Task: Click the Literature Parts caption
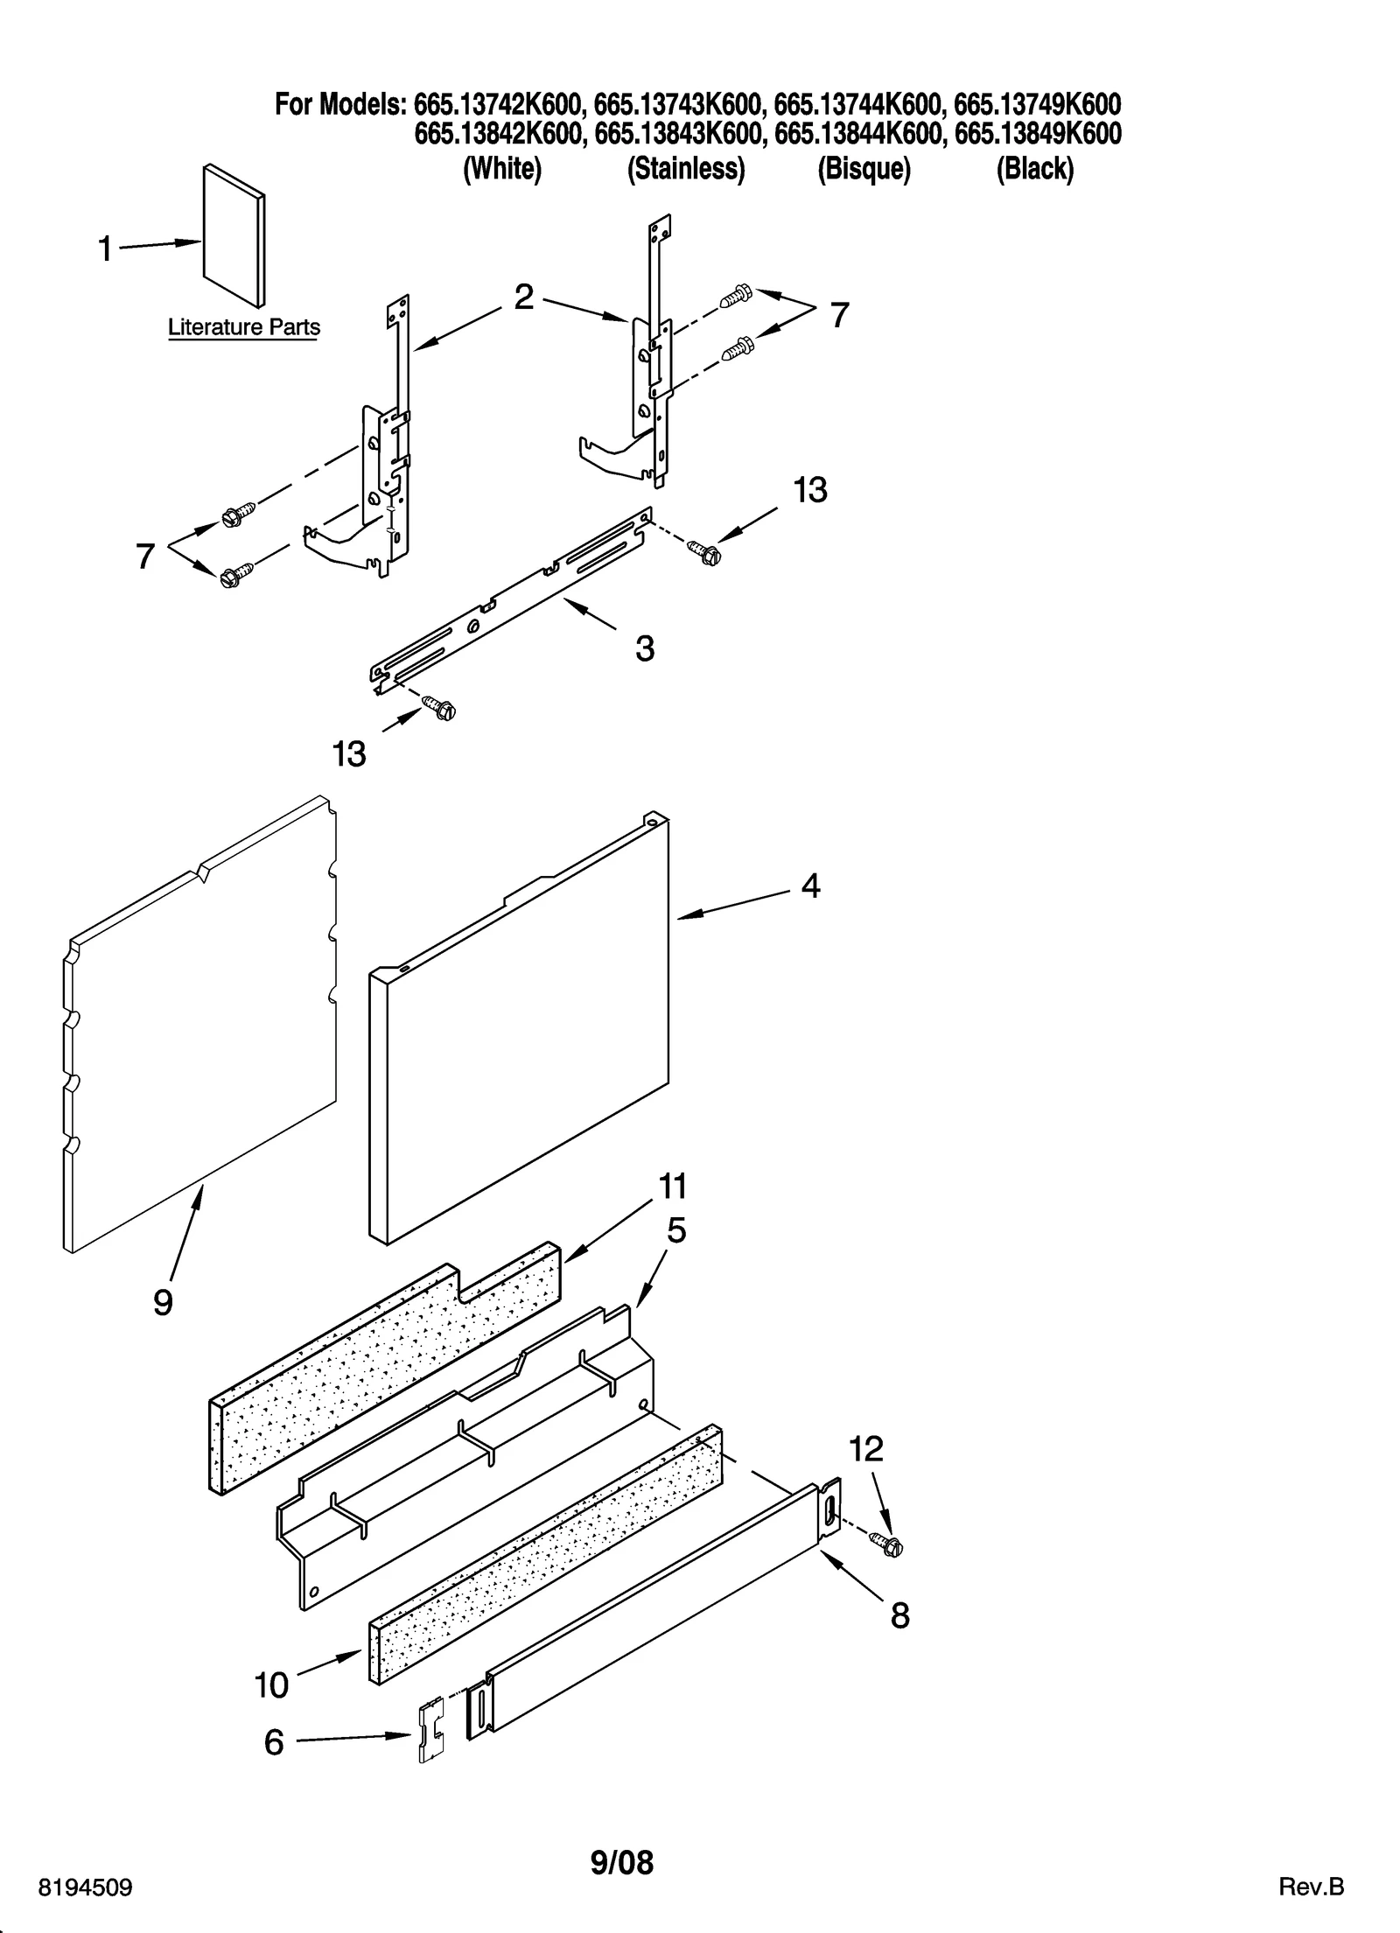(243, 327)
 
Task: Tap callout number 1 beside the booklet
(105, 249)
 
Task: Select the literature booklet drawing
(234, 235)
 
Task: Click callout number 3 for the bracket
(644, 648)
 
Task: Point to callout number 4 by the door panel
(810, 886)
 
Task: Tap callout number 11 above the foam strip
(672, 1187)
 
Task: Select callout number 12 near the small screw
(866, 1450)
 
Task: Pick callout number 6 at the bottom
(274, 1742)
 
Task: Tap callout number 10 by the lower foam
(271, 1684)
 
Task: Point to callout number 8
(899, 1615)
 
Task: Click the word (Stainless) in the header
(686, 168)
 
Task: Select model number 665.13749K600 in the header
(1037, 105)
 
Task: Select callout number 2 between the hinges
(523, 298)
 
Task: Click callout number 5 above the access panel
(676, 1231)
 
